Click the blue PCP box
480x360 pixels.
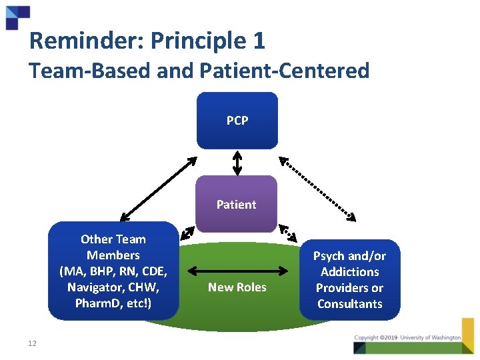(x=237, y=121)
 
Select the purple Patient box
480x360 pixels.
(x=236, y=204)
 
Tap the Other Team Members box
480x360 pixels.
(x=113, y=271)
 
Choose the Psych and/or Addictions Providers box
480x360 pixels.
(x=350, y=279)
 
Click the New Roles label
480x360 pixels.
(x=237, y=287)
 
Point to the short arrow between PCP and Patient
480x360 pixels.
(x=237, y=162)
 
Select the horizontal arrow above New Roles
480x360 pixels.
(x=237, y=270)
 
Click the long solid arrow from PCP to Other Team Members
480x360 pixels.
(x=159, y=189)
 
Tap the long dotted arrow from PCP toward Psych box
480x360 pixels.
(x=317, y=189)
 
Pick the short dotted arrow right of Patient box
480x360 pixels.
(x=287, y=232)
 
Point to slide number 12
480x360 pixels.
(x=32, y=343)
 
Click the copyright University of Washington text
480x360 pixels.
(x=407, y=338)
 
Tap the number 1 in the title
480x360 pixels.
(x=259, y=41)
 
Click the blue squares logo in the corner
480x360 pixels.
(x=17, y=17)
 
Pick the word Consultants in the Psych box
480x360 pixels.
(x=350, y=304)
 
